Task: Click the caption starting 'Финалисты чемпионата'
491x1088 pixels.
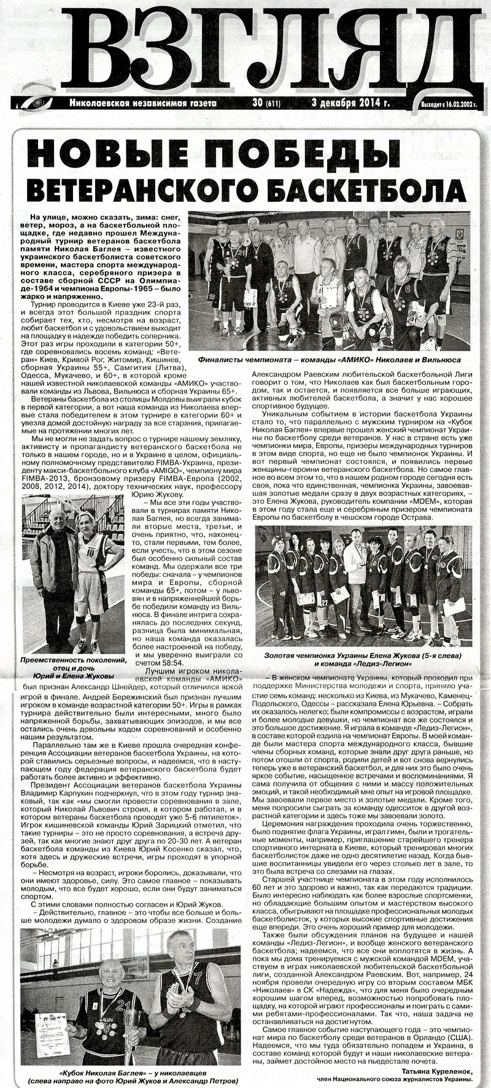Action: point(330,361)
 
